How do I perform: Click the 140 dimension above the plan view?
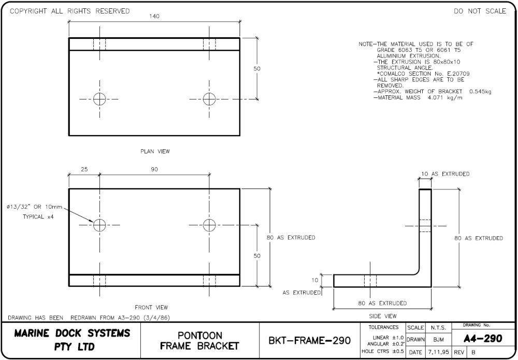click(154, 16)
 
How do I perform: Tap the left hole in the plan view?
click(100, 98)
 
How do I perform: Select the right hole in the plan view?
click(209, 98)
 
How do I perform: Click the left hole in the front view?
click(100, 225)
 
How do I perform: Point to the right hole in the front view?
click(209, 225)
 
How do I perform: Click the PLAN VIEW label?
click(155, 152)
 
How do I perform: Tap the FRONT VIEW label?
click(151, 307)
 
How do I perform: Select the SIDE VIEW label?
click(383, 316)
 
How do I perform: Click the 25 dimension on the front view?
click(84, 170)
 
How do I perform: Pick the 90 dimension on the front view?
click(154, 170)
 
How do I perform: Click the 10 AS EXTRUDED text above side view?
click(445, 174)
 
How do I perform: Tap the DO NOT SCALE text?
click(480, 11)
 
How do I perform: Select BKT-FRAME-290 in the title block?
click(310, 341)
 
